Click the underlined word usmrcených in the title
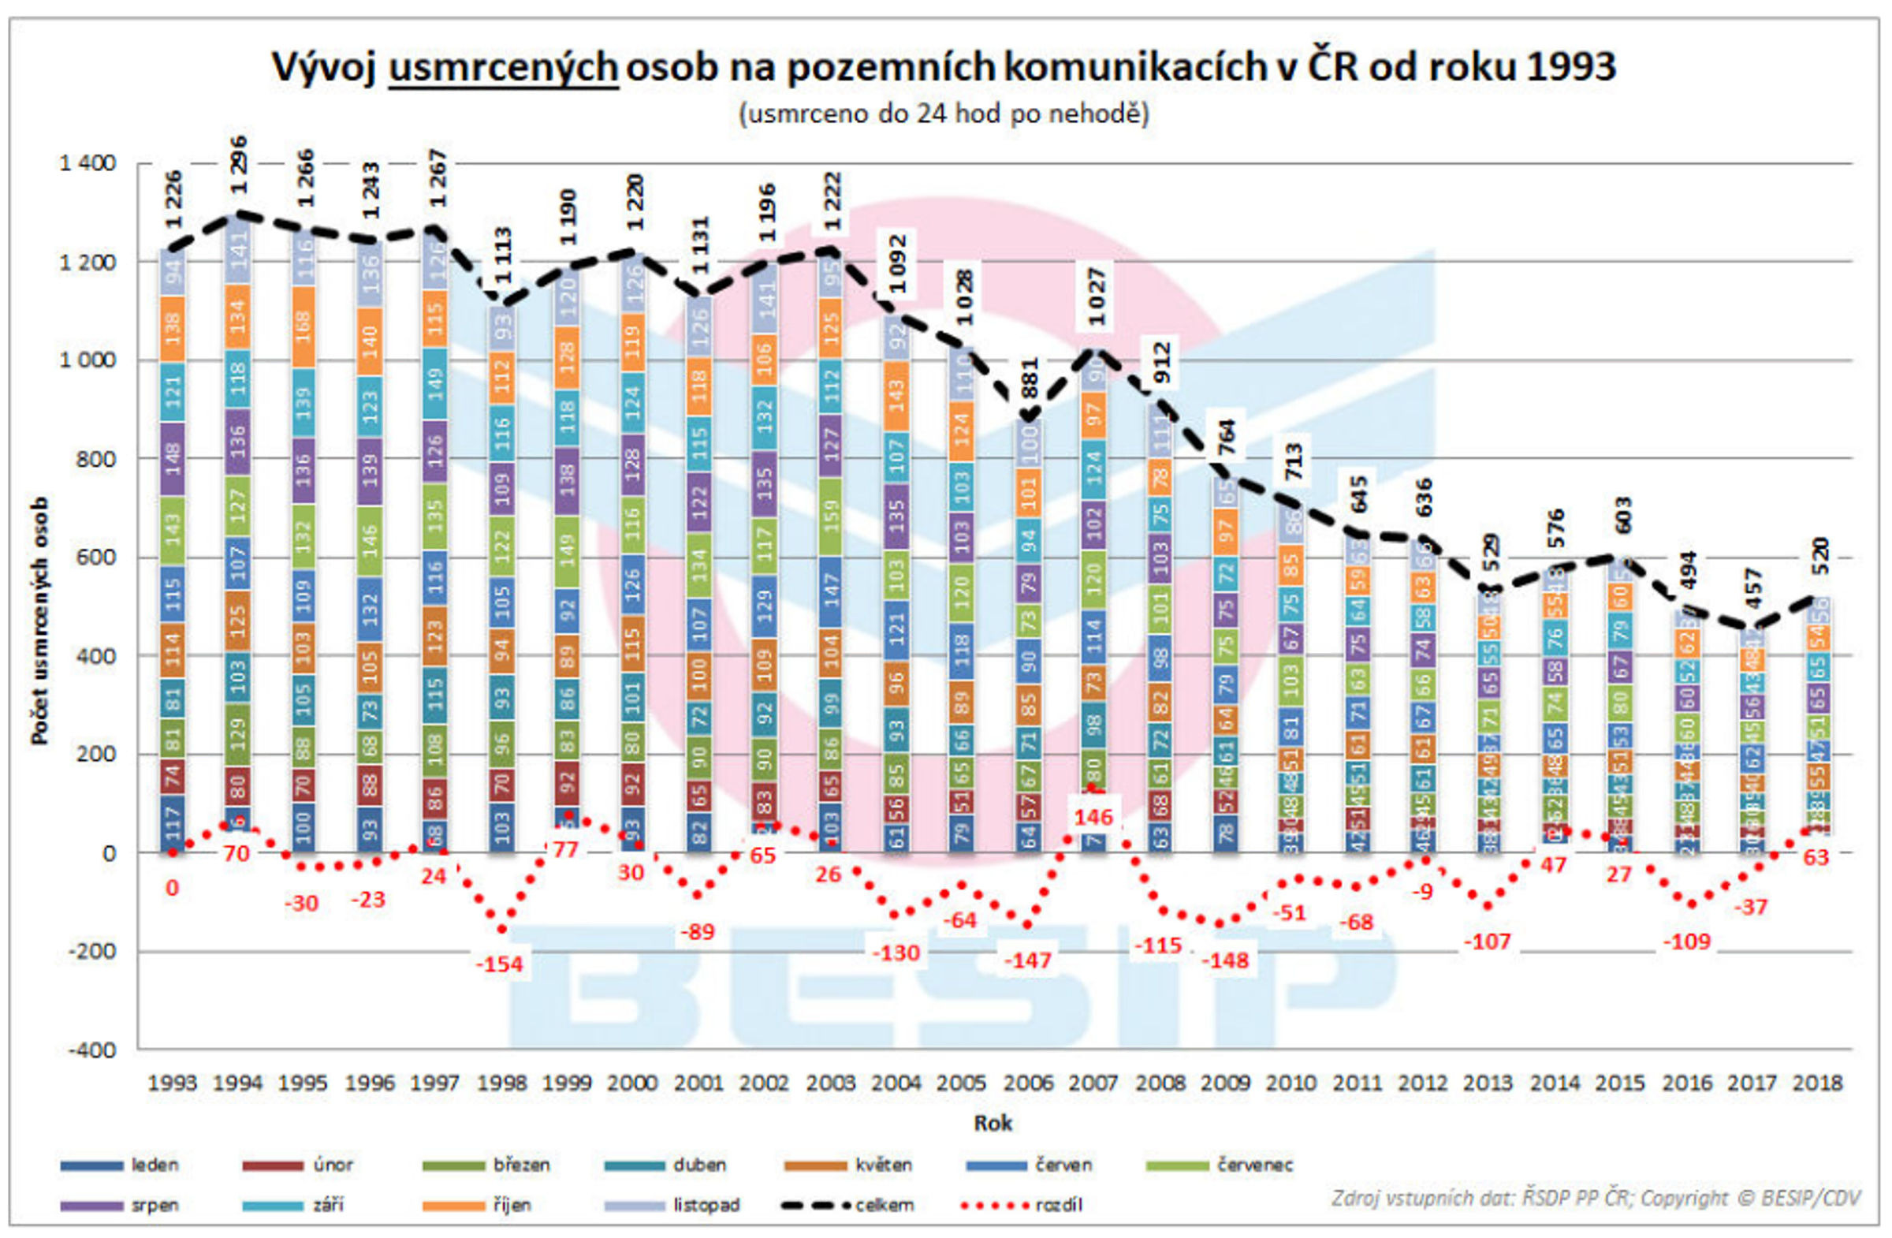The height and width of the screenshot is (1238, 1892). (x=502, y=67)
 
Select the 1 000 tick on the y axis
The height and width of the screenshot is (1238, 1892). (x=88, y=360)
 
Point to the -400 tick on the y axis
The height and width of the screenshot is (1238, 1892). (x=91, y=1050)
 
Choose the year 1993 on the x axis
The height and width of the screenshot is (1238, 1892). (x=173, y=1083)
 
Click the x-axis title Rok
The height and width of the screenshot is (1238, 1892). (x=993, y=1124)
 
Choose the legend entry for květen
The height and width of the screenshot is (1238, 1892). (x=849, y=1165)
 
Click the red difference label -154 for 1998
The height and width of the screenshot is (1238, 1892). (x=499, y=964)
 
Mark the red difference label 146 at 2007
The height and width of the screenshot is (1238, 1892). (x=1093, y=817)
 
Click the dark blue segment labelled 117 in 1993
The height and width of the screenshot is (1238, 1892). (x=173, y=824)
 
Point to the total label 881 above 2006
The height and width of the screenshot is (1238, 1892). (x=1029, y=378)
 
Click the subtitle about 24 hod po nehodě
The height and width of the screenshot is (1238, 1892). (x=944, y=114)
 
